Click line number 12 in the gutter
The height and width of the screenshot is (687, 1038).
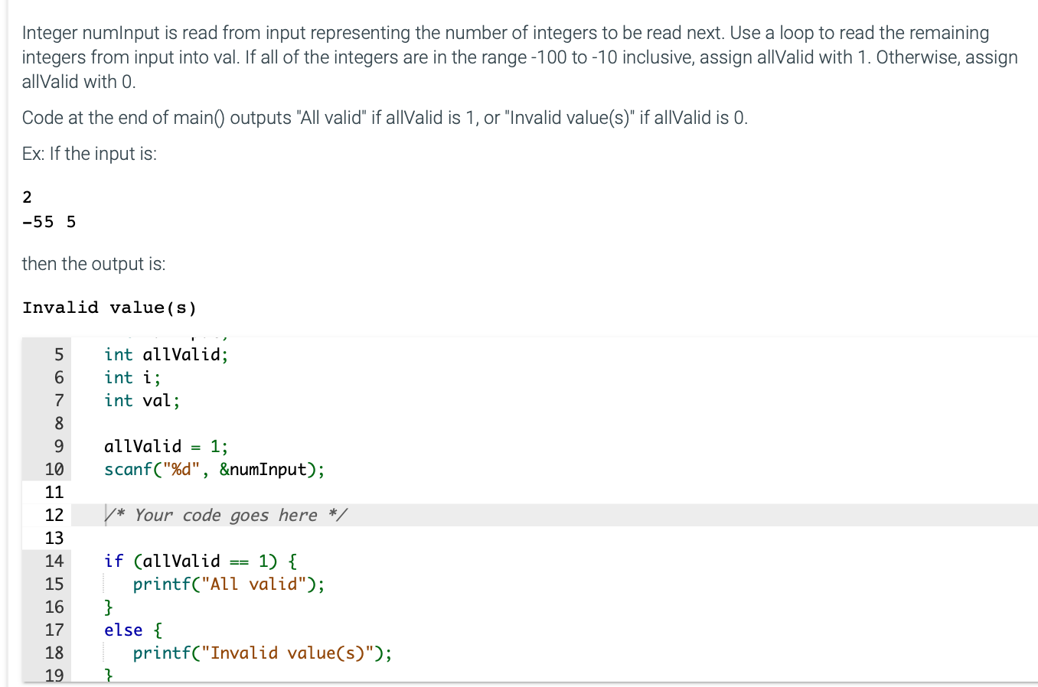point(54,515)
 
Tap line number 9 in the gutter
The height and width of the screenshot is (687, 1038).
point(58,446)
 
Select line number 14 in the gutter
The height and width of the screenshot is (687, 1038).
point(54,561)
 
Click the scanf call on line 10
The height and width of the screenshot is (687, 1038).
point(128,469)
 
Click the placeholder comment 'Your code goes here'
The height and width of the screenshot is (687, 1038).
point(226,515)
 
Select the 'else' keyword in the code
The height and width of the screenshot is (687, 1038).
point(123,630)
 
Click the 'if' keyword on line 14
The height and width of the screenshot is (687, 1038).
point(113,561)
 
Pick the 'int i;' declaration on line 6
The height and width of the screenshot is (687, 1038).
point(132,377)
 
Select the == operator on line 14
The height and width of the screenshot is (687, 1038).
point(239,562)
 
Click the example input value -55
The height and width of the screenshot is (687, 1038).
point(38,222)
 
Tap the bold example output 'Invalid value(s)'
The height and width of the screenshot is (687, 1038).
point(109,308)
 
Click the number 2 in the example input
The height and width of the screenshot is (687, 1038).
point(28,197)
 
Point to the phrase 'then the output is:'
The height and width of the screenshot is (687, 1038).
point(93,264)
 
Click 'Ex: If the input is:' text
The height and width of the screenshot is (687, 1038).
point(90,154)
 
